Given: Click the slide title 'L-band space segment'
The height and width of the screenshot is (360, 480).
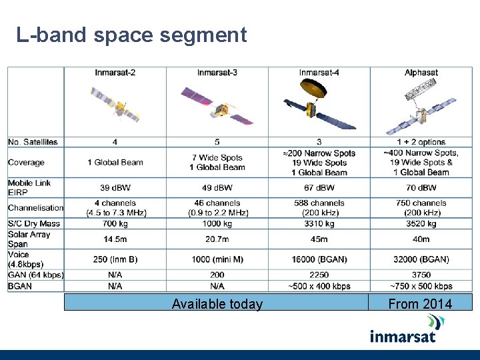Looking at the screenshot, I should tap(131, 35).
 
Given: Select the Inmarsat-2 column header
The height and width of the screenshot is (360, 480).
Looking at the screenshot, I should tap(115, 72).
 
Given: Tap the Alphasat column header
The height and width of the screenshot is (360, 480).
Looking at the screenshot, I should tap(421, 72).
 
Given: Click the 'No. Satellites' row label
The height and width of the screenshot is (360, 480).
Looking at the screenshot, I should tap(33, 142).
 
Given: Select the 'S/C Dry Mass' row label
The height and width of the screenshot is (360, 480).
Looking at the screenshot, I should tap(34, 224).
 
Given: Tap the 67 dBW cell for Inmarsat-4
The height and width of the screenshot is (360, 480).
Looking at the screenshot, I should tap(319, 188).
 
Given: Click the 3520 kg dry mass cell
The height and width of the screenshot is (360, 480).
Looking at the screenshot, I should tap(421, 224).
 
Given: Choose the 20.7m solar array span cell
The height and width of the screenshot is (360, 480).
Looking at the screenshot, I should tap(217, 239).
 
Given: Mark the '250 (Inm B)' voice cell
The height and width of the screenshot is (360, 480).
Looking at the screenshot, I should tap(115, 259).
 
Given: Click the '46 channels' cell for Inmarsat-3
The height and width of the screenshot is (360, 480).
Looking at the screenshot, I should tap(217, 203).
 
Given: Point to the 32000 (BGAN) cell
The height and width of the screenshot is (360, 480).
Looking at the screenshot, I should tap(421, 259).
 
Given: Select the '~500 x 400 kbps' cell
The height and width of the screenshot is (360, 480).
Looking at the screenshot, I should tap(319, 286).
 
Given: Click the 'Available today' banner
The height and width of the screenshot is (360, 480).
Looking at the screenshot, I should tap(217, 304).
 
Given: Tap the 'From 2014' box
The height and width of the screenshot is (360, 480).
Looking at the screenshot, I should tap(420, 304).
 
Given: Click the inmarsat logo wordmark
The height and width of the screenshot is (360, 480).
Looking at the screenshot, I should tap(403, 334).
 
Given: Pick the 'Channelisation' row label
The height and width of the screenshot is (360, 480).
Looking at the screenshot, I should tap(36, 208).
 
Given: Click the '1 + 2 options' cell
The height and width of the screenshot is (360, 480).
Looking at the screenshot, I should tap(421, 142).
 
